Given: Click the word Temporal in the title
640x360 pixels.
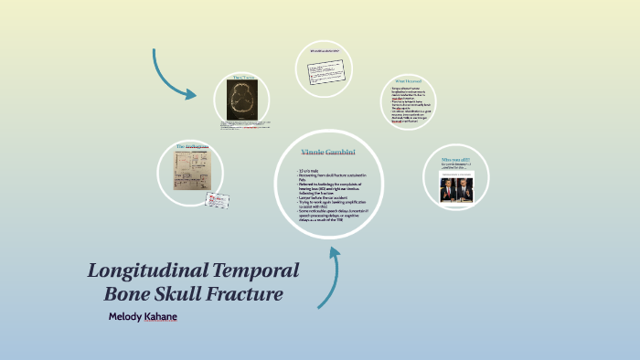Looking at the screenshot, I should click(x=259, y=271).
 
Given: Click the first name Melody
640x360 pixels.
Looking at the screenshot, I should click(x=127, y=316).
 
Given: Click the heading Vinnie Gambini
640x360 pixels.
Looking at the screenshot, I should click(x=327, y=151).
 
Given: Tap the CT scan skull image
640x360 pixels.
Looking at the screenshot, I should click(x=242, y=100).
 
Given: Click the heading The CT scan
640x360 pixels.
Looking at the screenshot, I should click(x=242, y=77).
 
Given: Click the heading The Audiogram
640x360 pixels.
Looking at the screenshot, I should click(x=192, y=146).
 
